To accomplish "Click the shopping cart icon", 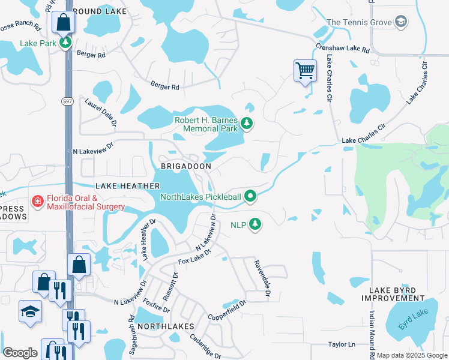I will point(305,71).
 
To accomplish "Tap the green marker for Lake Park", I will point(65,43).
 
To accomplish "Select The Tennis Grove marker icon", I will point(400,23).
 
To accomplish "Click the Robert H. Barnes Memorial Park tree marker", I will point(246,124).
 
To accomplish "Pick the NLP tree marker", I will point(256,224).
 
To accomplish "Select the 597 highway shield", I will point(67,102).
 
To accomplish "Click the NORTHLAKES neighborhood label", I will point(166,326).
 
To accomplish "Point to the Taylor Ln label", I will point(342,345).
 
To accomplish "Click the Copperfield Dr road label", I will point(227,310).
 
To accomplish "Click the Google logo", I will point(20,352).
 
